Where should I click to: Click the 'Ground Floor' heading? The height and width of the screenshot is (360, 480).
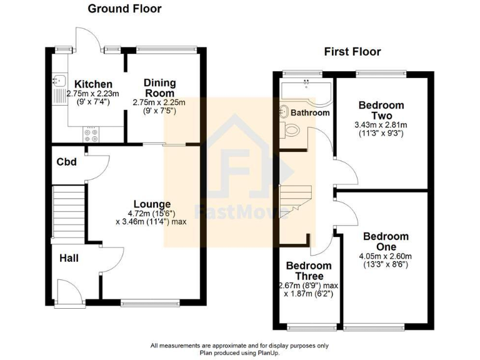[x=124, y=9]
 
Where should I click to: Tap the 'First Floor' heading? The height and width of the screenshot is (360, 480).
[x=352, y=52]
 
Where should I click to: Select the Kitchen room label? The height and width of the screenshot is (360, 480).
[x=94, y=84]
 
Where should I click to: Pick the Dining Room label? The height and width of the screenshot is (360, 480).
[x=159, y=87]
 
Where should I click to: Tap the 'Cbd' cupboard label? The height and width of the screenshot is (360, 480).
[x=66, y=162]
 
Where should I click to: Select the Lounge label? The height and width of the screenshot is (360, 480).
[x=152, y=204]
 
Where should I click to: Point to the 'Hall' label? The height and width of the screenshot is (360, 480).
[x=69, y=257]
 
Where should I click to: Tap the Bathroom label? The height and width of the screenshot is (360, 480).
[x=312, y=113]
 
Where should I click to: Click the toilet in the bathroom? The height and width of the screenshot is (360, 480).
[x=291, y=130]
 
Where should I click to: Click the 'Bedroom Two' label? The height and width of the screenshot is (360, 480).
[x=381, y=111]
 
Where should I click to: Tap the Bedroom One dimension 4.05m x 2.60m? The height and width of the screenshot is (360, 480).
[x=385, y=256]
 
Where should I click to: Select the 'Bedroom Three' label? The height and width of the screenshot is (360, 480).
[x=304, y=271]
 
